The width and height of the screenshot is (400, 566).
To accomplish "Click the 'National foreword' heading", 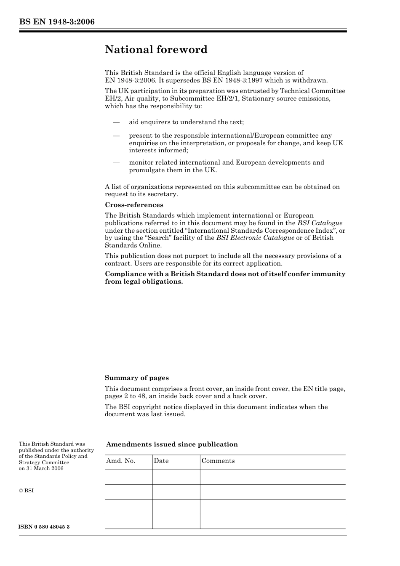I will pos(156,50).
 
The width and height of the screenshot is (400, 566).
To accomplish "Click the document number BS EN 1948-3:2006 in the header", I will pos(57,22).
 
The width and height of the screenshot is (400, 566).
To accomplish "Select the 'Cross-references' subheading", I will pos(134,205).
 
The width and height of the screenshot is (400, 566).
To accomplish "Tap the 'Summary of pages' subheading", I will pos(136,378).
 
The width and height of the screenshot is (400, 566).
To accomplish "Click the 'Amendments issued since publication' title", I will pos(172,444).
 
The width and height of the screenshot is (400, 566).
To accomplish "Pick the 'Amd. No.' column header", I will pos(121,461).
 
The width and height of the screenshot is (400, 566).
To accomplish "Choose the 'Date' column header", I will pos(161,461).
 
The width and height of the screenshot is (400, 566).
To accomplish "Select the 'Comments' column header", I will pos(218,461).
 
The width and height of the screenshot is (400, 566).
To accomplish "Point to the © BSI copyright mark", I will pos(26,491).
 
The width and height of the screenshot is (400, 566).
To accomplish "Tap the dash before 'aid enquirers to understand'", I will pos(116,122).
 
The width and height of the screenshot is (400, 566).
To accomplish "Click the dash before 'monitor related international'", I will pos(116,162).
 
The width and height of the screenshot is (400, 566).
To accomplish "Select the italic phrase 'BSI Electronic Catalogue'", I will pos(255,238).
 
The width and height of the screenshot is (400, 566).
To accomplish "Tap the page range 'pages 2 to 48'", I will pos(125,396).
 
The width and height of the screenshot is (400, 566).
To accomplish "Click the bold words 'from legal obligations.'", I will pos(144,282).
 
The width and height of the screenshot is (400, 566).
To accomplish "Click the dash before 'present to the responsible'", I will pos(116,136).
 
